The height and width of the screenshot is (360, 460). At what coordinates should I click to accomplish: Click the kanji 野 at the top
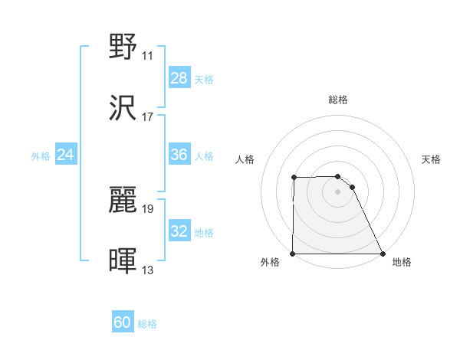click(123, 47)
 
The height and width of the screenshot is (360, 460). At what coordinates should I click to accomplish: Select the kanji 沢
click(123, 108)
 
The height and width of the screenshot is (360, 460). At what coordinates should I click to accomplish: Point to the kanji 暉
click(123, 260)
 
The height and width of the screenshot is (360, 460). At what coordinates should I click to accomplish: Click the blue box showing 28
click(179, 78)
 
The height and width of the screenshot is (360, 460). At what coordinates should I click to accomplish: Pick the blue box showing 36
click(179, 155)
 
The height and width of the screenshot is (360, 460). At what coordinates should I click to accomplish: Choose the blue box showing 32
click(179, 231)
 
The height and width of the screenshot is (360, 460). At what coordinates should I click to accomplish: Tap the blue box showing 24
click(66, 155)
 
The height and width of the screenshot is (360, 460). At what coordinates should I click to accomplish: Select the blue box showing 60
click(123, 322)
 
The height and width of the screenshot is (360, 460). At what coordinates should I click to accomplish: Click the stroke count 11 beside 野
click(147, 56)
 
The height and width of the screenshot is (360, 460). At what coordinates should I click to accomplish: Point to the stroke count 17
click(147, 117)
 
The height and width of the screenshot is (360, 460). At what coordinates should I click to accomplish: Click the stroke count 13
click(147, 270)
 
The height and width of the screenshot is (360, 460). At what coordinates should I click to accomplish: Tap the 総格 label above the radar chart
click(338, 100)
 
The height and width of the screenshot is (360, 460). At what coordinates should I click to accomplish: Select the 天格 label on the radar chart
click(431, 159)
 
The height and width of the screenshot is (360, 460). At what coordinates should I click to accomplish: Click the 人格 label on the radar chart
click(245, 159)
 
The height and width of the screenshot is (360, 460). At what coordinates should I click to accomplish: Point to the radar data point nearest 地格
click(383, 254)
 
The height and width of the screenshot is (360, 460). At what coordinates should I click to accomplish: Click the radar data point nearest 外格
click(293, 254)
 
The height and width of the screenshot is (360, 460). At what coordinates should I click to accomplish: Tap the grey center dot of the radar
click(337, 191)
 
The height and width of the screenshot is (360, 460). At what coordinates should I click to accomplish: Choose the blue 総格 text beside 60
click(147, 324)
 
